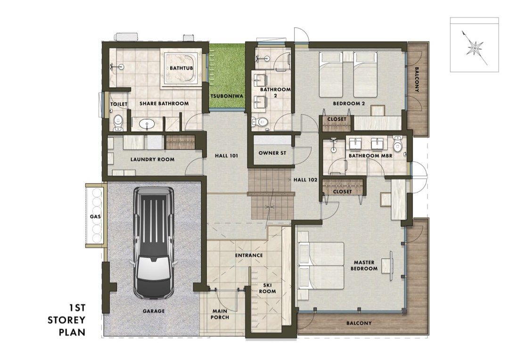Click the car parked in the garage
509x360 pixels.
(153, 242)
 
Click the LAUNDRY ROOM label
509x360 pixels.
(152, 159)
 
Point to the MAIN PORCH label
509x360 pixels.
(220, 314)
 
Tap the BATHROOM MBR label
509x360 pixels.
(370, 155)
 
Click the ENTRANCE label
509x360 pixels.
(249, 255)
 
